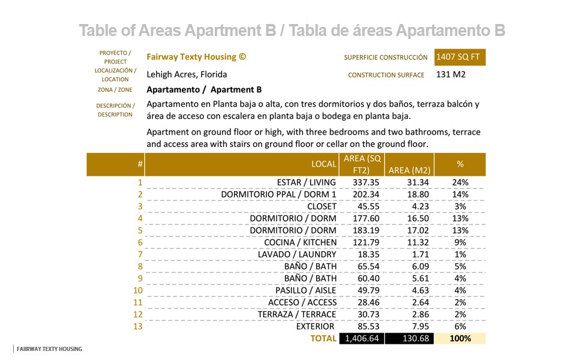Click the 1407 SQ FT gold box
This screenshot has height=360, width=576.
coord(460,57)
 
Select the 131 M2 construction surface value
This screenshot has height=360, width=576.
coord(451,75)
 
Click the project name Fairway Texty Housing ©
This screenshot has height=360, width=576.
coord(196,57)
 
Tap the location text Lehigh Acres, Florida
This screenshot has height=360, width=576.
coord(187,75)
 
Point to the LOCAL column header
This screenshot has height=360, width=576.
coord(323,164)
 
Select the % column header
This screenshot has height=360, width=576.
coord(460,164)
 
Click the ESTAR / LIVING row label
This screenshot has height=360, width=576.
coord(306,182)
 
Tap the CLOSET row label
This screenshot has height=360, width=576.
coord(322,206)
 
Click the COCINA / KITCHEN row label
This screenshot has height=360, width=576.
coord(300,242)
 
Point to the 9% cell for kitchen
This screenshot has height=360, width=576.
coord(460,242)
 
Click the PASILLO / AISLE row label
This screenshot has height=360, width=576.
coord(306,290)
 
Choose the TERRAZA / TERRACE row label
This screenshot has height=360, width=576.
coord(297,314)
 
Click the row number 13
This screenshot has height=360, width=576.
coord(138,326)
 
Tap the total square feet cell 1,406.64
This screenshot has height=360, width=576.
coord(361,338)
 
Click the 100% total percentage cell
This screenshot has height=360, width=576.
coord(460,338)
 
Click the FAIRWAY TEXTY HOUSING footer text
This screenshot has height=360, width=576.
coord(49,349)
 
